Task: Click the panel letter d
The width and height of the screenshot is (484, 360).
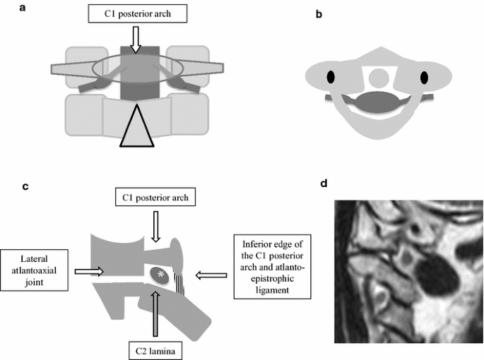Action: click(x=323, y=184)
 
